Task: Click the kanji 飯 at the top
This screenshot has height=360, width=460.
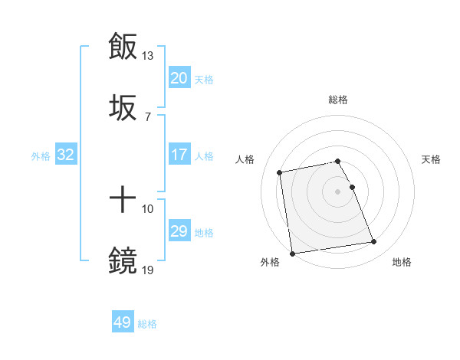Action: (123, 46)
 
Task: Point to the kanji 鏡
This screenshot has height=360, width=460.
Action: (123, 261)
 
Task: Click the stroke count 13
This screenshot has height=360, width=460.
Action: (148, 56)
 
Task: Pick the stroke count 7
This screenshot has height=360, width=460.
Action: (147, 116)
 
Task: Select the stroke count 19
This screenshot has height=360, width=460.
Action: (148, 270)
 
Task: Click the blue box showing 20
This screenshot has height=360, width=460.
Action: (179, 78)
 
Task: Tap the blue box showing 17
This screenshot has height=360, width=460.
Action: (179, 155)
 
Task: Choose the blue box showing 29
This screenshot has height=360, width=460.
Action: (179, 231)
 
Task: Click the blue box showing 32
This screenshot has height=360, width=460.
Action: (66, 155)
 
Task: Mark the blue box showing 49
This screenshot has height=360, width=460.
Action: (123, 322)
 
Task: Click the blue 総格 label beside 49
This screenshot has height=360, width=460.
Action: (147, 324)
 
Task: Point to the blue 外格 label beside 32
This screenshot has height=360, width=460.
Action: (41, 156)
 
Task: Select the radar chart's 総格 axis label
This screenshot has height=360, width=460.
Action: (338, 100)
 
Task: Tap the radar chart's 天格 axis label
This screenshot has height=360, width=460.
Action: (432, 159)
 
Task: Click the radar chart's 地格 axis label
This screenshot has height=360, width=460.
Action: (402, 263)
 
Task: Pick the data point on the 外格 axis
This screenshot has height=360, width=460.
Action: (292, 253)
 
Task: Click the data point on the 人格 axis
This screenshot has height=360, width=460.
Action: (280, 172)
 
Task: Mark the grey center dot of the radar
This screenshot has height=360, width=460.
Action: (338, 191)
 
